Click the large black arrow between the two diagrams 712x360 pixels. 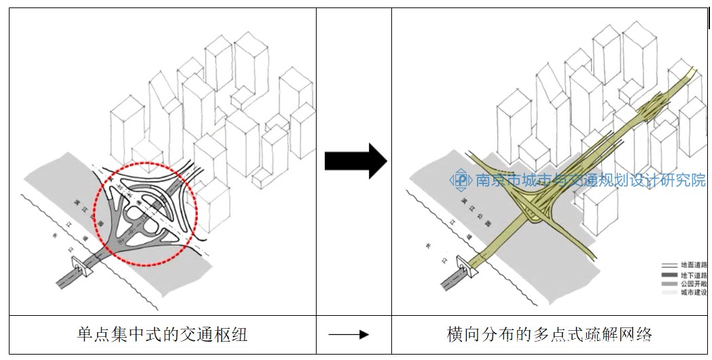pyautogui.click(x=355, y=161)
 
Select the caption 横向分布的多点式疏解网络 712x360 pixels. pyautogui.click(x=550, y=334)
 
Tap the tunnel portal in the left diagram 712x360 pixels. pyautogui.click(x=80, y=266)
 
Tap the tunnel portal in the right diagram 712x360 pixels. pyautogui.click(x=465, y=266)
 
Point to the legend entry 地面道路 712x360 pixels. pyautogui.click(x=694, y=266)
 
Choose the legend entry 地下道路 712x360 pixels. pyautogui.click(x=694, y=275)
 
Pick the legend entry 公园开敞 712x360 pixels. pyautogui.click(x=694, y=284)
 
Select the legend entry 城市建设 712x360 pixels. pyautogui.click(x=694, y=293)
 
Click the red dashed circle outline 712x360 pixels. pyautogui.click(x=145, y=164)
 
